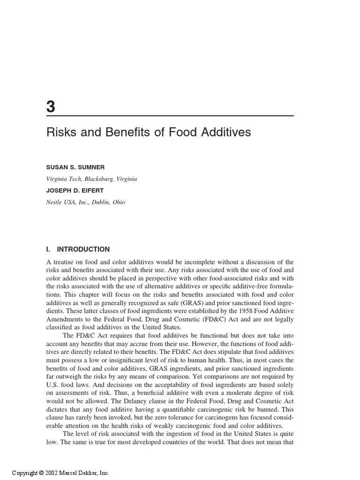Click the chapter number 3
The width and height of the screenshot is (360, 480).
pos(51,107)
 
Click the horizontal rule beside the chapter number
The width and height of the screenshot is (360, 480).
pos(178,115)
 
